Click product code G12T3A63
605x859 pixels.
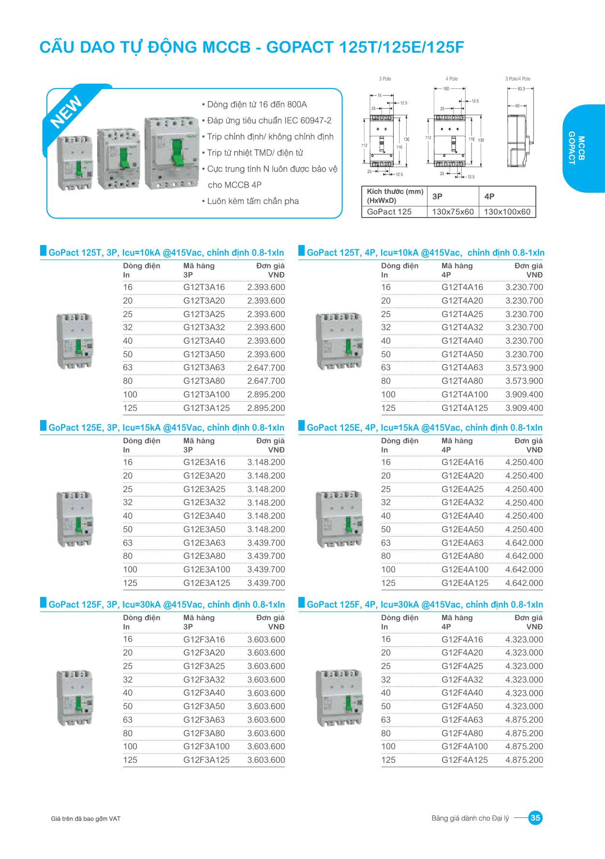tap(204, 367)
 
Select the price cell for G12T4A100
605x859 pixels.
tap(524, 394)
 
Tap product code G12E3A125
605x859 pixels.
tap(207, 583)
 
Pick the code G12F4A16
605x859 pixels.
tap(462, 640)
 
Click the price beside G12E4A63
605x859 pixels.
tap(524, 543)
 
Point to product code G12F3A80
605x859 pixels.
tap(204, 733)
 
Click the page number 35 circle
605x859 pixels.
tap(535, 818)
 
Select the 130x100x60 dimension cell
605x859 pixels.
tap(507, 212)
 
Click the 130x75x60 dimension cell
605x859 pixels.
tap(453, 212)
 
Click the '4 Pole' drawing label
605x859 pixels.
tap(452, 79)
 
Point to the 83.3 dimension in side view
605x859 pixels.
tap(521, 89)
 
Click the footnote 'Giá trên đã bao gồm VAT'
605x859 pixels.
tap(86, 819)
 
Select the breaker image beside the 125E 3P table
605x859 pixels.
tap(74, 519)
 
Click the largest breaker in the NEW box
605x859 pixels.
tap(171, 152)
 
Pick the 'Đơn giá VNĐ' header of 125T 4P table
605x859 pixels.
tap(528, 270)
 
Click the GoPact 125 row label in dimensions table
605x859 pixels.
tap(389, 212)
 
